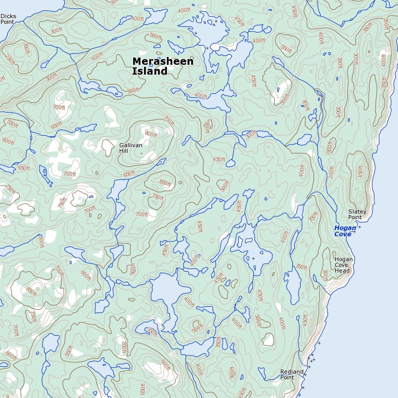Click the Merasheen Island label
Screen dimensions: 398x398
click(163, 66)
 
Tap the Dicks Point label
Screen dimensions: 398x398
click(8, 19)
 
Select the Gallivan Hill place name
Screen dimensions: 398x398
click(131, 148)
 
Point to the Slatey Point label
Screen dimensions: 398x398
click(357, 214)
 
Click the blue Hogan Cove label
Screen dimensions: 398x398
click(345, 231)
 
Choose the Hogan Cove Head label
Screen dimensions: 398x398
click(344, 265)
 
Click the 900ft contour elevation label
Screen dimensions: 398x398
click(150, 134)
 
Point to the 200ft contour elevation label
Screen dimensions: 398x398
click(332, 171)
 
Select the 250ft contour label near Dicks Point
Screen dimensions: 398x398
click(9, 59)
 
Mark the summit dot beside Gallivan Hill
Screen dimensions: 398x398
click(140, 154)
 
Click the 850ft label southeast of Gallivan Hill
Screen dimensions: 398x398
click(165, 182)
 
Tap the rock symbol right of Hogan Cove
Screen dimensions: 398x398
click(359, 227)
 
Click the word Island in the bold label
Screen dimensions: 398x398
click(150, 72)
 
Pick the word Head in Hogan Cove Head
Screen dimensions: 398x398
click(342, 271)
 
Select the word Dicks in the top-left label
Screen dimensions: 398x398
click(8, 16)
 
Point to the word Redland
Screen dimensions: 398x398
click(291, 372)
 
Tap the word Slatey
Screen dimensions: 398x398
click(357, 211)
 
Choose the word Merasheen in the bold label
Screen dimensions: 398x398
click(163, 61)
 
